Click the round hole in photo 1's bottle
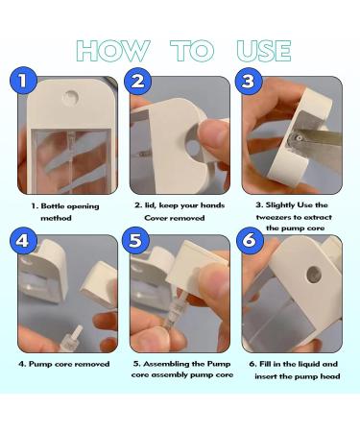point(72,97)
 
